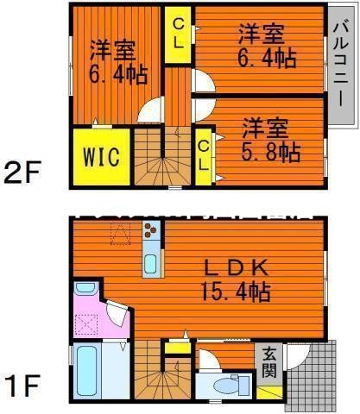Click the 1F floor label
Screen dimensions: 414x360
tap(23, 379)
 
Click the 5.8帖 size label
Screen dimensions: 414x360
tap(269, 153)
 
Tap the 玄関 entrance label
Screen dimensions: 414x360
tap(269, 365)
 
